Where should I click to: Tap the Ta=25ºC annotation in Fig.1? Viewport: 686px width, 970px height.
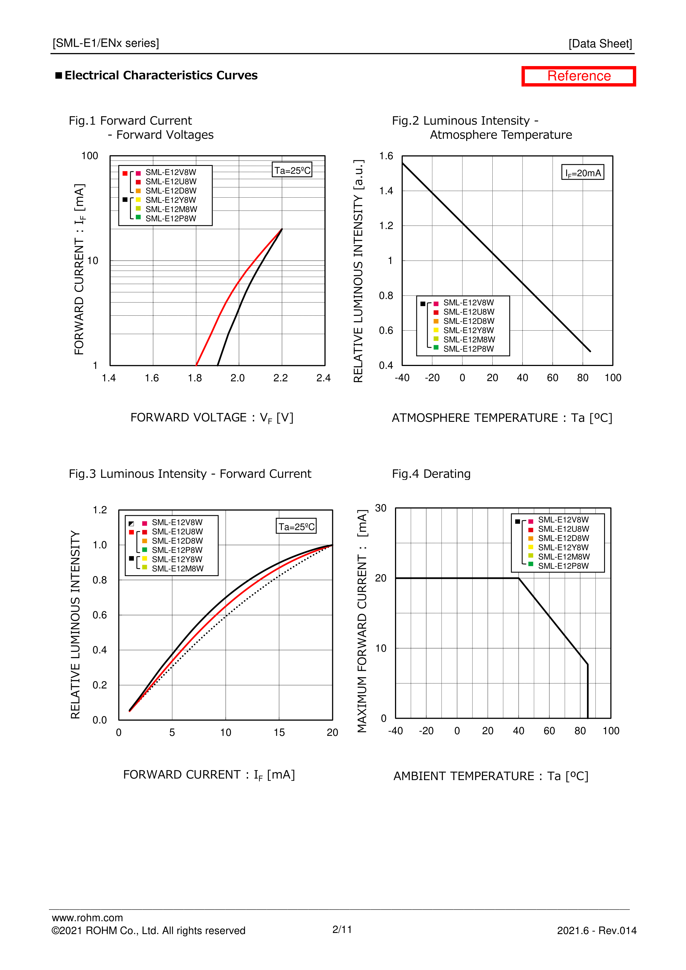pos(292,170)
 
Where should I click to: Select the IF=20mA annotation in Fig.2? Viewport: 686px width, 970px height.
pos(583,173)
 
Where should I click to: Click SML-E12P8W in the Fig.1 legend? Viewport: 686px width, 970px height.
pos(171,218)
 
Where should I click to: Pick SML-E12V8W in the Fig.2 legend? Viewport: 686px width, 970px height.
pos(468,302)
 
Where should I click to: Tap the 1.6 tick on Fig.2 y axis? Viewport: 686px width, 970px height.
pos(386,156)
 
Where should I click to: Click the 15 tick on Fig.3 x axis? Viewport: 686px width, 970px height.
pos(279,732)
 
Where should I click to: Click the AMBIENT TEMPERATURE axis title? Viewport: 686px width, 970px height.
pos(491,776)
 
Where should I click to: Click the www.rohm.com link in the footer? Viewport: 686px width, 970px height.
pos(87,917)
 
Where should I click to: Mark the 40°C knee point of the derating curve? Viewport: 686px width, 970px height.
pos(519,578)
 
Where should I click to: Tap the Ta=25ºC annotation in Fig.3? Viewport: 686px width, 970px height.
pos(296,526)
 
